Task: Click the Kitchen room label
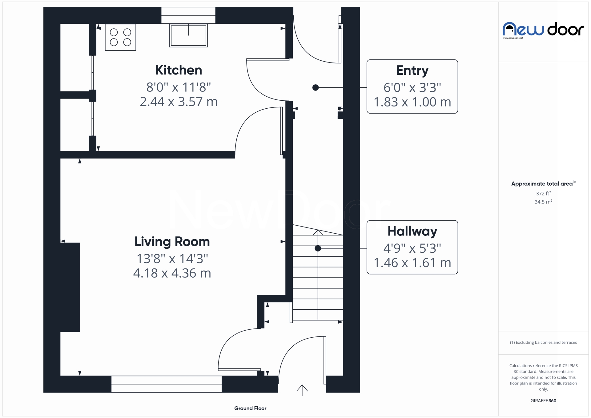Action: [x=179, y=70]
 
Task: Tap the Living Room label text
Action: [x=172, y=242]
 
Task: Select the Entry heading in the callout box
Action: [x=412, y=70]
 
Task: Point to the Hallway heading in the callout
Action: [x=412, y=231]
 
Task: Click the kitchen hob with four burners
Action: [x=120, y=37]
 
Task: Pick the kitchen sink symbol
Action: [x=188, y=35]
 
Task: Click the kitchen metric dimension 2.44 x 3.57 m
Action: [x=179, y=102]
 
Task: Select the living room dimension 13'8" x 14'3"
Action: [x=172, y=259]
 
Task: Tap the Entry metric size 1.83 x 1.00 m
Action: [x=412, y=102]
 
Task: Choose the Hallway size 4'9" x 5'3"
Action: [x=412, y=248]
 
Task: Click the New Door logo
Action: [x=543, y=30]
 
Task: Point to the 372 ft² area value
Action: [x=543, y=194]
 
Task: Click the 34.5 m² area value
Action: [x=543, y=202]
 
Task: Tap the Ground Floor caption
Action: [x=250, y=408]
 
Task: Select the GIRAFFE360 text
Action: [x=543, y=401]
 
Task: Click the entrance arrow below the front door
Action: [x=302, y=390]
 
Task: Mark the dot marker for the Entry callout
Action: [x=316, y=88]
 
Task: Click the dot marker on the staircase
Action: [x=318, y=248]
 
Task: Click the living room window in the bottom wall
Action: [x=166, y=384]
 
